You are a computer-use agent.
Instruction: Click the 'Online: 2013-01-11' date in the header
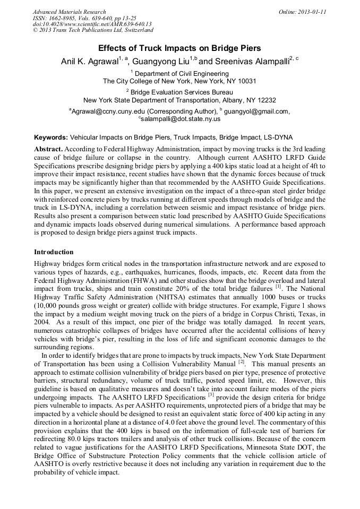(x=303, y=12)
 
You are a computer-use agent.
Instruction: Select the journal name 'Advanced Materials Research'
(x=69, y=12)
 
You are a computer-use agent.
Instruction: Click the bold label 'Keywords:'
(x=50, y=137)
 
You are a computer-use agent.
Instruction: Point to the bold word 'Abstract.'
(x=48, y=150)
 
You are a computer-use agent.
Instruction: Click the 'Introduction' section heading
(x=54, y=252)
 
